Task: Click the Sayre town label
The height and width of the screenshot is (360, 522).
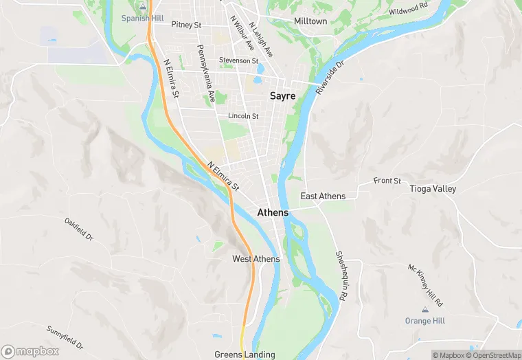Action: point(282,96)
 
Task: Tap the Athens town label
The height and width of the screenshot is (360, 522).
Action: point(273,213)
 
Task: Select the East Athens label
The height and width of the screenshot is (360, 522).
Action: point(323,196)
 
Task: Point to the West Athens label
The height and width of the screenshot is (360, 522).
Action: point(256,259)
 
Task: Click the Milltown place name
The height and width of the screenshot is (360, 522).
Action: point(310,21)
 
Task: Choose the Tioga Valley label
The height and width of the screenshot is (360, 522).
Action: point(433,188)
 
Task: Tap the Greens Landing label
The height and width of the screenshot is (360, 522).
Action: point(245,355)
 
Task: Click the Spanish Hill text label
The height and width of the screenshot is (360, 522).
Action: point(142,18)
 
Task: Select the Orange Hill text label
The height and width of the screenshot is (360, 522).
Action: point(424,321)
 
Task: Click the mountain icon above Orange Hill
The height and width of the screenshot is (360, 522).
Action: point(424,310)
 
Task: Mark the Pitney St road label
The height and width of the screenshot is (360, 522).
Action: point(186,25)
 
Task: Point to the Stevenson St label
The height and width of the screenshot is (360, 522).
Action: point(238,60)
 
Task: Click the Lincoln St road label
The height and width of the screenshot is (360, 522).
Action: point(243,116)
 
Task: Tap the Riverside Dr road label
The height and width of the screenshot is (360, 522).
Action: point(329,77)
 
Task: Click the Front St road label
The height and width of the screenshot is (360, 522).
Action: point(387,181)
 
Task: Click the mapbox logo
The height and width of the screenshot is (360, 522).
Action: point(30,351)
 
